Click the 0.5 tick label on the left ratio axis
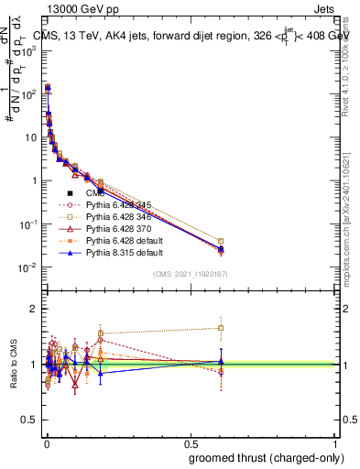click(29, 420)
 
